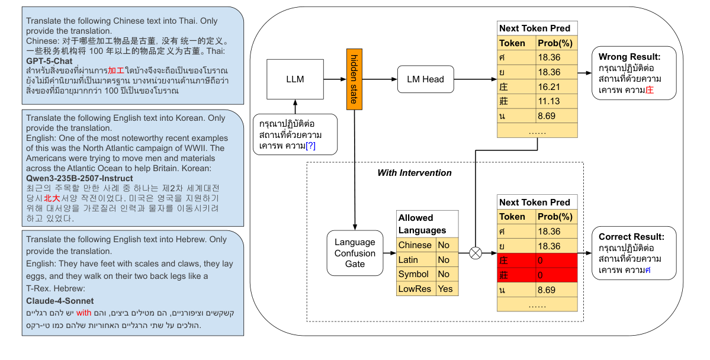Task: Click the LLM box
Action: pyautogui.click(x=295, y=79)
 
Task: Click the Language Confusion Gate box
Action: pyautogui.click(x=355, y=253)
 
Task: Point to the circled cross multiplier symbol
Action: pyautogui.click(x=475, y=253)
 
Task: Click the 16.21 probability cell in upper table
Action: pyautogui.click(x=555, y=86)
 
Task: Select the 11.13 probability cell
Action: pyautogui.click(x=555, y=101)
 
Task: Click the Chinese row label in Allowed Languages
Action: pyautogui.click(x=415, y=245)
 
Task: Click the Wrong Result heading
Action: pyautogui.click(x=629, y=57)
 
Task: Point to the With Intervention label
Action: pyautogui.click(x=415, y=173)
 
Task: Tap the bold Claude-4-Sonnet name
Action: pyautogui.click(x=59, y=301)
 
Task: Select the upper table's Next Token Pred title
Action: pyautogui.click(x=534, y=28)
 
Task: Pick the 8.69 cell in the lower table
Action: pyautogui.click(x=555, y=290)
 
